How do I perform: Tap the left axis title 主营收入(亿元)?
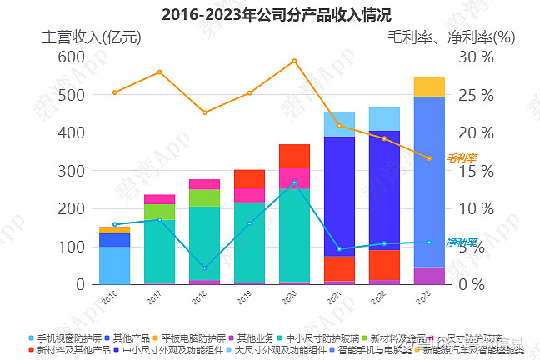tap(92, 37)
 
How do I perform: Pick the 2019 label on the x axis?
tap(248, 296)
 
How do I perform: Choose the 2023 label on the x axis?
tap(428, 296)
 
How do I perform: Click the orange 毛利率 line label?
tap(462, 157)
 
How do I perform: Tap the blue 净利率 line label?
tap(462, 242)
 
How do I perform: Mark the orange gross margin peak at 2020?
tap(294, 61)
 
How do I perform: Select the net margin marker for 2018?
tap(204, 268)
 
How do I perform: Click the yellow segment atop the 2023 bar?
tap(429, 87)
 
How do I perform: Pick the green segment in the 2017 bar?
tap(159, 212)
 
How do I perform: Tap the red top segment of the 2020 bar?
tap(294, 156)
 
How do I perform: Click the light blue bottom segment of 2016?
tap(114, 265)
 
